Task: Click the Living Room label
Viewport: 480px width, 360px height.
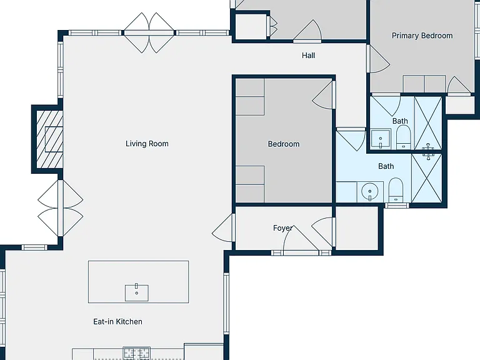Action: click(147, 144)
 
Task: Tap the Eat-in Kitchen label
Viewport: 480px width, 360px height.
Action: click(118, 321)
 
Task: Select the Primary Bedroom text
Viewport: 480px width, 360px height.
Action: click(422, 36)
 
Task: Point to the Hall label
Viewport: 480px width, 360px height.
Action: click(308, 56)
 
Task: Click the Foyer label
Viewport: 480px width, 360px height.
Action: click(282, 228)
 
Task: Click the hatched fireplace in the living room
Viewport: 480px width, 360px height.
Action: click(49, 139)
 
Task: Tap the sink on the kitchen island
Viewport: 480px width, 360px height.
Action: click(136, 293)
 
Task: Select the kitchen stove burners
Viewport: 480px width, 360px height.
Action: click(136, 354)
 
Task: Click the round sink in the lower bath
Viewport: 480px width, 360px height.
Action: click(370, 191)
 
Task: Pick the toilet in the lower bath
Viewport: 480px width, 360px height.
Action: click(396, 190)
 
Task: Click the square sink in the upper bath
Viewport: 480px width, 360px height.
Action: click(381, 139)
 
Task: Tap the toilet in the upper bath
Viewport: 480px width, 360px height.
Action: click(404, 138)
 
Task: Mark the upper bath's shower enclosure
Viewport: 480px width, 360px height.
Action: click(428, 123)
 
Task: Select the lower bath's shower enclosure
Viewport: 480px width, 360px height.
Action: click(427, 178)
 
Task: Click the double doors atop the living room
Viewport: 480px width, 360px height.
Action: click(149, 32)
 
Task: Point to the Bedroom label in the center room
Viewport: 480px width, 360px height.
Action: click(284, 144)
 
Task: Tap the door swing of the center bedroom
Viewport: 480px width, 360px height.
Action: click(324, 94)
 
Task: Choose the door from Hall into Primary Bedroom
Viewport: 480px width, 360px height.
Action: click(378, 59)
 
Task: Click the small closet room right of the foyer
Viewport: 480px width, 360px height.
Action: click(357, 228)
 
